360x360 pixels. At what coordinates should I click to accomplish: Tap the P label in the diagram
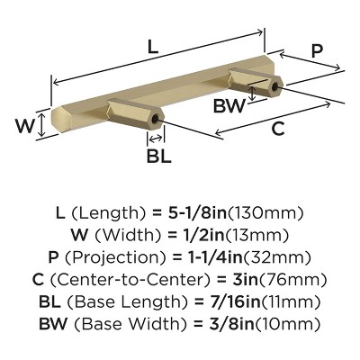point(317,52)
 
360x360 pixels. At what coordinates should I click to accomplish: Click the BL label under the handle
point(158,154)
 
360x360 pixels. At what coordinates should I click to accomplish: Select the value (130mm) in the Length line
point(267,214)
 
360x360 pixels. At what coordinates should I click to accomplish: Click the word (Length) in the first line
point(107,214)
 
